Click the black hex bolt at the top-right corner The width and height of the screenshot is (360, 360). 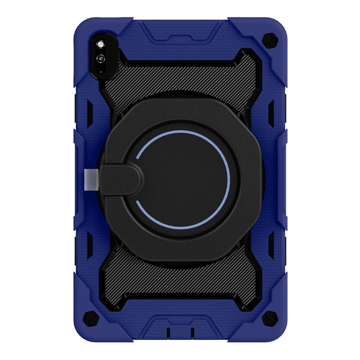268,39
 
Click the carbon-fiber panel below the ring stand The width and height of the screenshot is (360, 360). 180,280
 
